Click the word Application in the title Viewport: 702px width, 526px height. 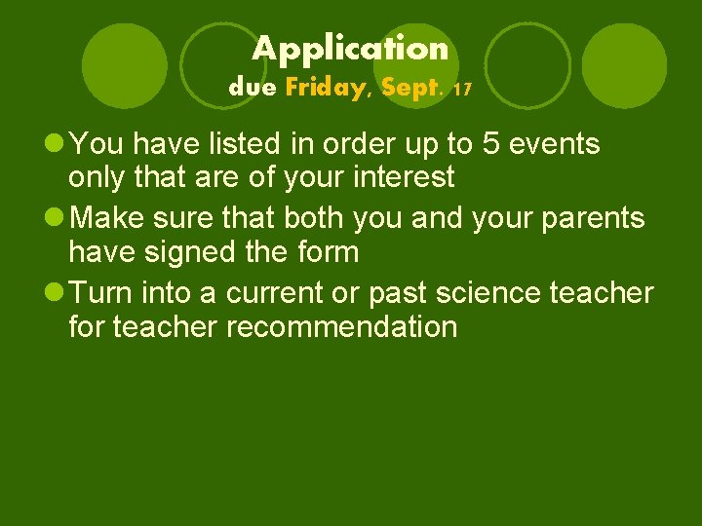351,48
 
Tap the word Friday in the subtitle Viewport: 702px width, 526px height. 324,88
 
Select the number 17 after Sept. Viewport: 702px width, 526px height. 463,90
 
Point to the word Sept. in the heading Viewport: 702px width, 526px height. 411,89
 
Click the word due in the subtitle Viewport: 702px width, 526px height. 253,88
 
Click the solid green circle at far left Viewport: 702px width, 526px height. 125,65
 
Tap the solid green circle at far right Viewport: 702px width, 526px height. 624,65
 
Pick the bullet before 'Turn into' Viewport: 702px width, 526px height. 56,293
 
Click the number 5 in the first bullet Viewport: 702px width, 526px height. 492,144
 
